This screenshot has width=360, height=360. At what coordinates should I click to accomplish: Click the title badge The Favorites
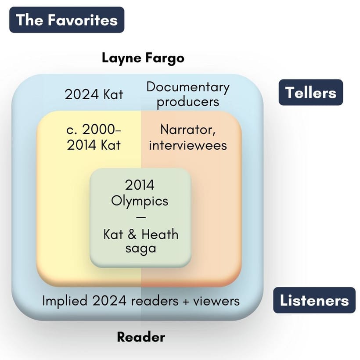tap(67, 20)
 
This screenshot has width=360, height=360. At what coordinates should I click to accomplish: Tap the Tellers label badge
tap(311, 92)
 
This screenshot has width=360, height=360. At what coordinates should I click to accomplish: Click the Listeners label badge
tap(314, 300)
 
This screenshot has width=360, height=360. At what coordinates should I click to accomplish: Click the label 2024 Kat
tap(94, 94)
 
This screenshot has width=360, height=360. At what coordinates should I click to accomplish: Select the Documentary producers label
tap(188, 94)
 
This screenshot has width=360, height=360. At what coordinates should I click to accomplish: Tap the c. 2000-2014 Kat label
tap(94, 137)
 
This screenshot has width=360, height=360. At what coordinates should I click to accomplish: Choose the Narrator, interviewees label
tap(188, 137)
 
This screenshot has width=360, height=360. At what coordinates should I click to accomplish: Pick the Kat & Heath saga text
tap(141, 241)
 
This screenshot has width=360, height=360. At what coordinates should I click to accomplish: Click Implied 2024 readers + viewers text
tap(141, 301)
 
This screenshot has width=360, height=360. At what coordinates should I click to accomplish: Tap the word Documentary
tap(188, 87)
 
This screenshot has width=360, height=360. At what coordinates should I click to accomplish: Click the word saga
tap(141, 248)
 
